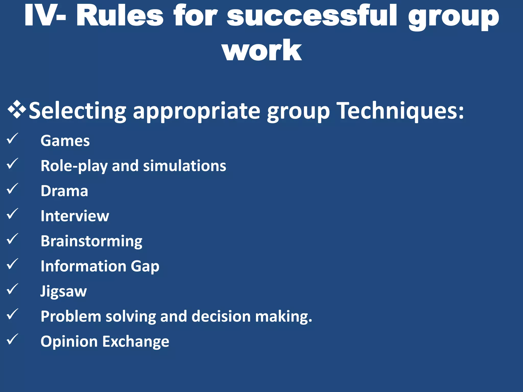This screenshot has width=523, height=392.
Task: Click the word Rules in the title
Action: [120, 16]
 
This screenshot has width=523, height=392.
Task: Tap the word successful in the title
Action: [312, 16]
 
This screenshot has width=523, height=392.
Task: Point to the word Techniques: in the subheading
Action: [400, 111]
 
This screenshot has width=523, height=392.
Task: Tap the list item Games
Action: [65, 141]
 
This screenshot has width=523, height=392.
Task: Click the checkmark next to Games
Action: [12, 139]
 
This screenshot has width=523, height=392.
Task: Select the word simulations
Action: [184, 166]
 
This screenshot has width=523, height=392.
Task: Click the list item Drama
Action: [64, 191]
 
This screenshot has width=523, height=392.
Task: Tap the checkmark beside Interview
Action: [12, 214]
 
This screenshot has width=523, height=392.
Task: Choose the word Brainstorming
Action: [91, 241]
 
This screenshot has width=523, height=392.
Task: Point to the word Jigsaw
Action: [64, 291]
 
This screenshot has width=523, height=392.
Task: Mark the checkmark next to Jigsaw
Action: [12, 289]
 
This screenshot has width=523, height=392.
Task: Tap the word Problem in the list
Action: [71, 316]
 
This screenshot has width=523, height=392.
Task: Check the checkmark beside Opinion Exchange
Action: [12, 339]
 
